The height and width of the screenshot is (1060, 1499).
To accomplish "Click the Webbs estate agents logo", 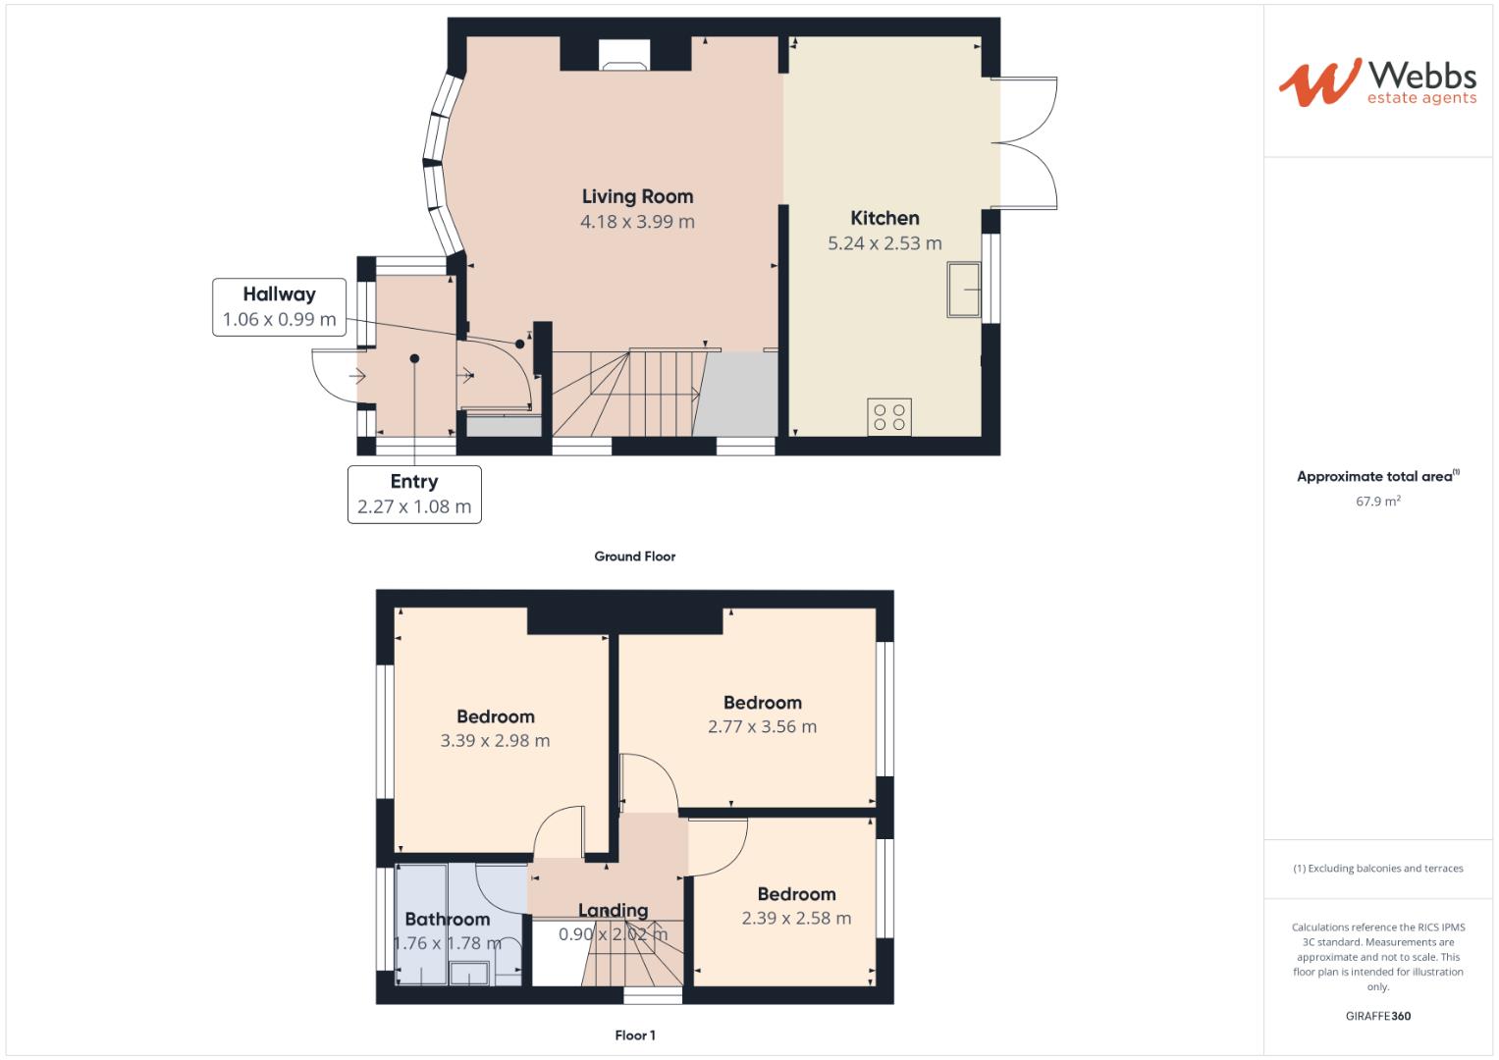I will (x=1376, y=81).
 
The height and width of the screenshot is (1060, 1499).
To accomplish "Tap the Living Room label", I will (x=637, y=196).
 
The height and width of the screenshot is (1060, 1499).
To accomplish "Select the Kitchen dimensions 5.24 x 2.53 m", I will (x=883, y=243).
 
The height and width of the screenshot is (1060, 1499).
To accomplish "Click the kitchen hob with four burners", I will (x=889, y=417).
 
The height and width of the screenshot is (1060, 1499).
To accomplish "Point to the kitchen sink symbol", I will (x=964, y=290).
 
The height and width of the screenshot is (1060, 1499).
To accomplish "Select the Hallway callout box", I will (x=279, y=307).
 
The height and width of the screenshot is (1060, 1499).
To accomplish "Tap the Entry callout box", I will (x=414, y=494).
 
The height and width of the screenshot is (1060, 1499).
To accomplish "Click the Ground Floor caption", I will (x=634, y=556).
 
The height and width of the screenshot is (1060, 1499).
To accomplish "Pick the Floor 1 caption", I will (x=634, y=1035).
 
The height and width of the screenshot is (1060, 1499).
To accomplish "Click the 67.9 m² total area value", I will (x=1377, y=502).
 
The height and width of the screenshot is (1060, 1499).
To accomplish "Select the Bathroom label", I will (x=447, y=920).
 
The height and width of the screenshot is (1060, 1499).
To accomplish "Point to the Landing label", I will (x=613, y=911).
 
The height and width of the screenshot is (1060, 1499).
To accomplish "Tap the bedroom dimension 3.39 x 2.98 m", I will (x=495, y=741).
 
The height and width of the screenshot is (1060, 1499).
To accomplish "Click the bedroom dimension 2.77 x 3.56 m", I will (x=762, y=727).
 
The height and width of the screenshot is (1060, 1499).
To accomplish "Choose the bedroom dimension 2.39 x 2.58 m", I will (x=796, y=919).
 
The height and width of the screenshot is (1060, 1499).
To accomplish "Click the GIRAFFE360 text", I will (x=1377, y=1016).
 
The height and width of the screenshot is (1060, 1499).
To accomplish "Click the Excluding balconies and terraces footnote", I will (x=1377, y=869).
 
